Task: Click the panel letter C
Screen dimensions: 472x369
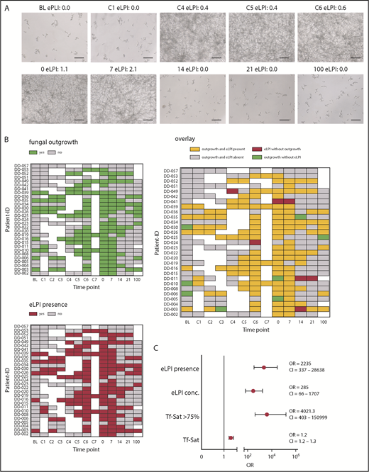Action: tap(199, 347)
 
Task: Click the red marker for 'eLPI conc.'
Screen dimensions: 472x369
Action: tap(253, 390)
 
